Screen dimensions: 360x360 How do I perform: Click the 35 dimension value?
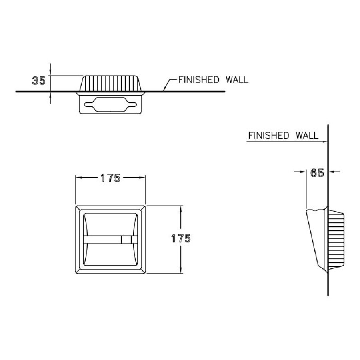tap(39, 81)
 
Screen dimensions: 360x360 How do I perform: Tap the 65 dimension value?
tap(317, 173)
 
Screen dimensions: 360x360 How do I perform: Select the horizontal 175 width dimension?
tap(110, 178)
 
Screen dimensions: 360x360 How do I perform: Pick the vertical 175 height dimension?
tap(181, 238)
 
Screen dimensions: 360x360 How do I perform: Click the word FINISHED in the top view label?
tap(199, 80)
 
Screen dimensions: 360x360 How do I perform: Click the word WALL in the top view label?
tap(237, 80)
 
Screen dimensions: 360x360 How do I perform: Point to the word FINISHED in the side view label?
tap(269, 136)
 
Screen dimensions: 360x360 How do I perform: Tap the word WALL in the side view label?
tap(307, 136)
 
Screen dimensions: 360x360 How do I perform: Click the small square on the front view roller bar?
tap(126, 240)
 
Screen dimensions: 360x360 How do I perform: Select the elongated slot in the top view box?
tap(110, 104)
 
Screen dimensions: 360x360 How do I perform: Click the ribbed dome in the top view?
tap(110, 83)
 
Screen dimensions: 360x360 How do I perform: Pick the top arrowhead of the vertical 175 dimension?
tap(181, 209)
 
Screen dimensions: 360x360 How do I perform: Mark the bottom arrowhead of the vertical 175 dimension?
tap(181, 270)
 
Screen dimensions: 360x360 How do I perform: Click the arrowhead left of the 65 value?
tap(303, 172)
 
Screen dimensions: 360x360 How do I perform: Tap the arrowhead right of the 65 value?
tap(331, 172)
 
